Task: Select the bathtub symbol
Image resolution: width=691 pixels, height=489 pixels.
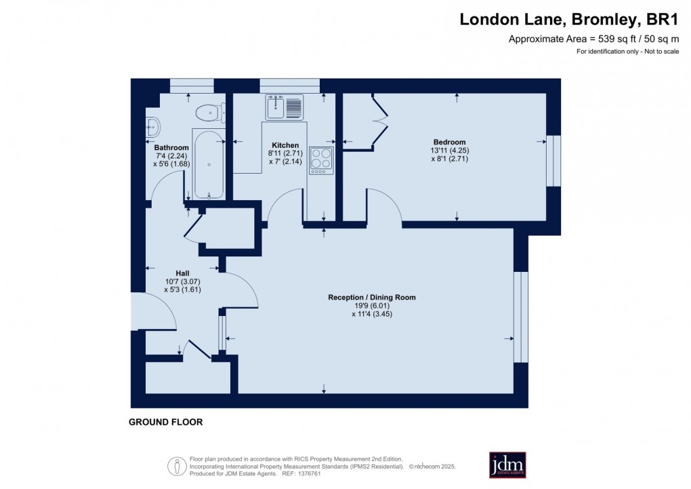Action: [209, 164]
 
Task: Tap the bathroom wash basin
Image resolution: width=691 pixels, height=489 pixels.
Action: [152, 125]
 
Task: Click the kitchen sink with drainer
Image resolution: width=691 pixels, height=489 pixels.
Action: [284, 108]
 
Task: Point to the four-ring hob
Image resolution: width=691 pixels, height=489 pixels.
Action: [320, 159]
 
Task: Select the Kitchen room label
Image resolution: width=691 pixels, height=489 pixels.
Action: [285, 145]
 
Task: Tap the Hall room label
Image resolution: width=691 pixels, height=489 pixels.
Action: [182, 273]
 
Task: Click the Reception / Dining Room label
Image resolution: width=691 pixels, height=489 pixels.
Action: [372, 297]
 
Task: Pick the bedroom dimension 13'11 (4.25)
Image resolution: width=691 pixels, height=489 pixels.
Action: [449, 151]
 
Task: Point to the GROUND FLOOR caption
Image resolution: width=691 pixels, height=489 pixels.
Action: [165, 422]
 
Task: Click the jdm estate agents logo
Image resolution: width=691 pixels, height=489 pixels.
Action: [507, 465]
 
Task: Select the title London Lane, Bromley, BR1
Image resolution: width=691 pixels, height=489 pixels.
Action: [569, 19]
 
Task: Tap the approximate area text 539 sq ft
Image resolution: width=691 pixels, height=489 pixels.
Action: [593, 39]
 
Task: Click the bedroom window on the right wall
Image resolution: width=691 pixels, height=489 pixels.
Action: [553, 161]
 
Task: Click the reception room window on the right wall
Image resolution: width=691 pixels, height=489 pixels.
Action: [520, 317]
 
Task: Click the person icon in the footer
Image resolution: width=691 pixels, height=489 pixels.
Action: [177, 465]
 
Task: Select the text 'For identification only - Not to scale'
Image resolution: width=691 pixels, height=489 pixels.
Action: [627, 52]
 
